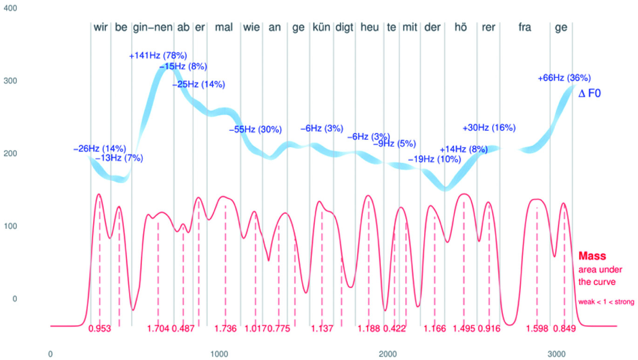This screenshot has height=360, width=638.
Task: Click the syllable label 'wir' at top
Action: [x=101, y=27]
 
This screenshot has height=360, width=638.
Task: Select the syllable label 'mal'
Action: [x=224, y=27]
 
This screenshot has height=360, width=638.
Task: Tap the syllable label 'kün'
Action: [x=321, y=27]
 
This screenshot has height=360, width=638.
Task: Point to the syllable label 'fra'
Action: [x=525, y=27]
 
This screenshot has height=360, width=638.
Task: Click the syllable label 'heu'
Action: [x=370, y=27]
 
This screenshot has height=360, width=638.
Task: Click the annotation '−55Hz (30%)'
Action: [x=255, y=129]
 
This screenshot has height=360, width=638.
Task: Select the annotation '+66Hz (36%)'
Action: [x=564, y=78]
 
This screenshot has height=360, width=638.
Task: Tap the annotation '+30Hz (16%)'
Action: [x=489, y=128]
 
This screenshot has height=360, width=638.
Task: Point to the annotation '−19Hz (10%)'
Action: [x=434, y=159]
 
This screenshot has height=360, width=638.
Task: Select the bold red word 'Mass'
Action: [x=592, y=256]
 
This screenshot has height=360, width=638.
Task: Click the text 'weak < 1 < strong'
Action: [x=606, y=302]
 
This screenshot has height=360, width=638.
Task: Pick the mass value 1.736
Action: [x=225, y=329]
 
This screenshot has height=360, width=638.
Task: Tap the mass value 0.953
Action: [x=100, y=329]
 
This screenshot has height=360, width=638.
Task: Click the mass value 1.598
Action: [x=537, y=329]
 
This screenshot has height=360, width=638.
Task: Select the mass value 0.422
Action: [x=394, y=329]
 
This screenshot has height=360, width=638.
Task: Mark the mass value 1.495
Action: [x=464, y=329]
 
